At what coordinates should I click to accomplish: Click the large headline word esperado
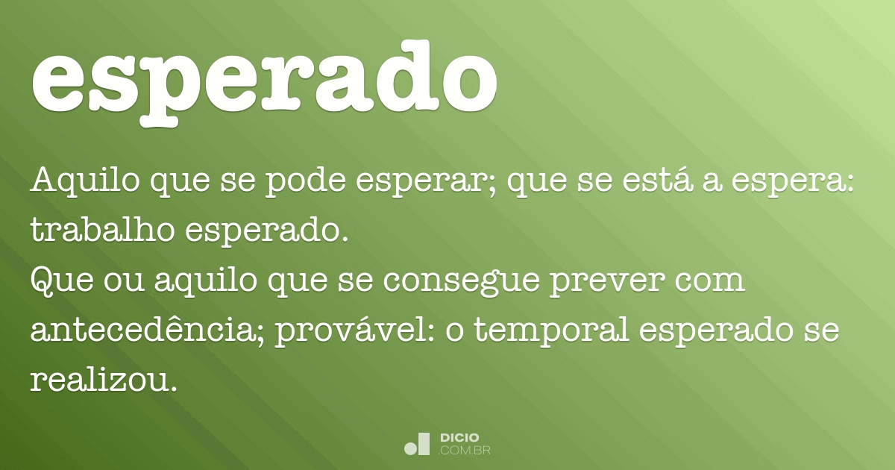[x=265, y=78]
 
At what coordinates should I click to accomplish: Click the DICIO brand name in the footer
[x=459, y=438]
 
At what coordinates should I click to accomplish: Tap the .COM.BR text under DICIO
[x=464, y=451]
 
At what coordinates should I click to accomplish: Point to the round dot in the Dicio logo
[x=410, y=448]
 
